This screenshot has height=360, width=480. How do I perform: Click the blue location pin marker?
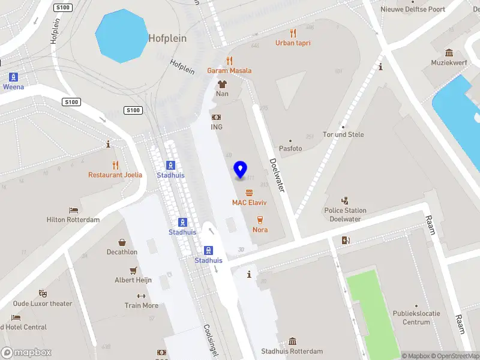pyautogui.click(x=240, y=170)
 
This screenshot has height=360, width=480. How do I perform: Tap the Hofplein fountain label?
pyautogui.click(x=167, y=38)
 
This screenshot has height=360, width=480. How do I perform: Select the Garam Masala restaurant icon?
pyautogui.click(x=229, y=61)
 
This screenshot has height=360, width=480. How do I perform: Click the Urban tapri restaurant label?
pyautogui.click(x=293, y=43)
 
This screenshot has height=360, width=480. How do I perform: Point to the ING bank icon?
pyautogui.click(x=217, y=118)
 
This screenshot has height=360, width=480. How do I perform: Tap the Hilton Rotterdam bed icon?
pyautogui.click(x=73, y=210)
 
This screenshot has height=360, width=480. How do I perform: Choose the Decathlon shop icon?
pyautogui.click(x=122, y=242)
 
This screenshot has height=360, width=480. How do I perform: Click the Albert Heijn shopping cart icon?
pyautogui.click(x=133, y=270)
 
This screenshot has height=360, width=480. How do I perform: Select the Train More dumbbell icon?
pyautogui.click(x=142, y=296)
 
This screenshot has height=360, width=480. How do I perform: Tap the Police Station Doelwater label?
pyautogui.click(x=345, y=215)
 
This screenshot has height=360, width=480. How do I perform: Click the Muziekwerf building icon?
pyautogui.click(x=449, y=53)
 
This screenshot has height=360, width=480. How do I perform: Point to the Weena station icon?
pyautogui.click(x=13, y=77)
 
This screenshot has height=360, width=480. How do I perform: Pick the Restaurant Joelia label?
pyautogui.click(x=115, y=175)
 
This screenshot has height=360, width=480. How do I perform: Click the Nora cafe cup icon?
pyautogui.click(x=260, y=220)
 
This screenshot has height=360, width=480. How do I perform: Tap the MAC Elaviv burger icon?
pyautogui.click(x=249, y=193)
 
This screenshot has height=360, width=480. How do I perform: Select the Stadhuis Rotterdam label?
pyautogui.click(x=292, y=352)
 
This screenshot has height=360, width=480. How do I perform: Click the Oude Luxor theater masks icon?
pyautogui.click(x=43, y=293)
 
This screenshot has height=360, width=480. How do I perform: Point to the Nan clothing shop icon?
pyautogui.click(x=222, y=84)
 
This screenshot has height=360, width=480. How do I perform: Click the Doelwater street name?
pyautogui.click(x=277, y=175)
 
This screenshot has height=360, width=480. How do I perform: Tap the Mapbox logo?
pyautogui.click(x=26, y=353)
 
